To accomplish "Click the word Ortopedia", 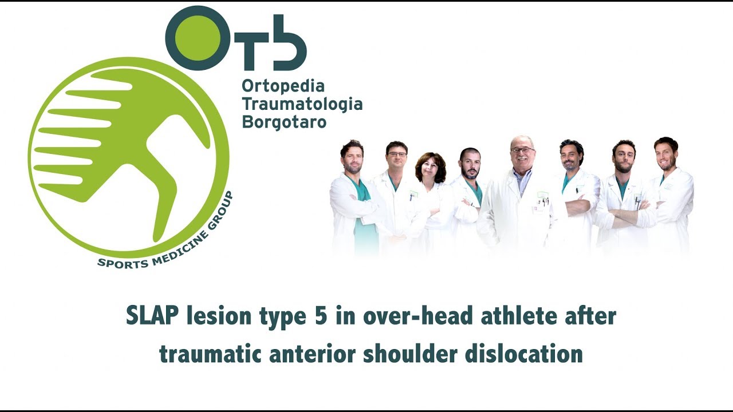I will tap(283, 87).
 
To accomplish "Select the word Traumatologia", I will tap(302, 104).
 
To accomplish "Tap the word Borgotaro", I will tap(284, 122).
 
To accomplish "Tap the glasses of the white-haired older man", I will tap(522, 150).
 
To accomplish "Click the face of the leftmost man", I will tap(352, 157).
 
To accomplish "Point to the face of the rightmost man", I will tap(666, 155).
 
